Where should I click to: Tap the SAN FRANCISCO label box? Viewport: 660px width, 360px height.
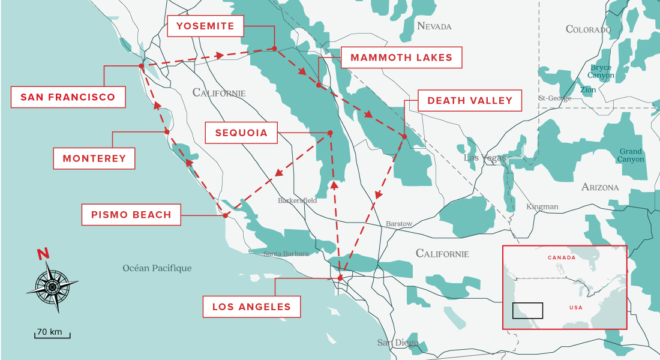point(68,97)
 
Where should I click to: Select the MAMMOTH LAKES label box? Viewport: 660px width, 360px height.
point(401,58)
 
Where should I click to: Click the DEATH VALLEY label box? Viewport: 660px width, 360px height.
point(469,101)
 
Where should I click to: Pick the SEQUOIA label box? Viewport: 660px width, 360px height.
point(241,133)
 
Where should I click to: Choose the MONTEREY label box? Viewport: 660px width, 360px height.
point(94,158)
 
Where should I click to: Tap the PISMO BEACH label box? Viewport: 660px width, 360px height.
point(131,215)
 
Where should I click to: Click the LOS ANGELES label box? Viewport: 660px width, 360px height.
point(251,307)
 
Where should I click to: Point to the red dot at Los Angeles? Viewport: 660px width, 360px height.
point(340,278)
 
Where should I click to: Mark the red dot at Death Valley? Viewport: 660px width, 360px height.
point(404,137)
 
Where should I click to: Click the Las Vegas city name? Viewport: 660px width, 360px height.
point(485,158)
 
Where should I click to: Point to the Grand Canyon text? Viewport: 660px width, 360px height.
point(631,155)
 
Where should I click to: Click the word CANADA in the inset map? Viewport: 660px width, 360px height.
point(562,257)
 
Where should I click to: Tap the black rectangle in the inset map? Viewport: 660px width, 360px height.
point(527,310)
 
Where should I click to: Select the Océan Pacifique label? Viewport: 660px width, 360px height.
point(157,268)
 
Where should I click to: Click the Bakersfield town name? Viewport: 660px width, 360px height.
point(298,200)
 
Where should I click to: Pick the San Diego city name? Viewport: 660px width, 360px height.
point(397,343)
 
